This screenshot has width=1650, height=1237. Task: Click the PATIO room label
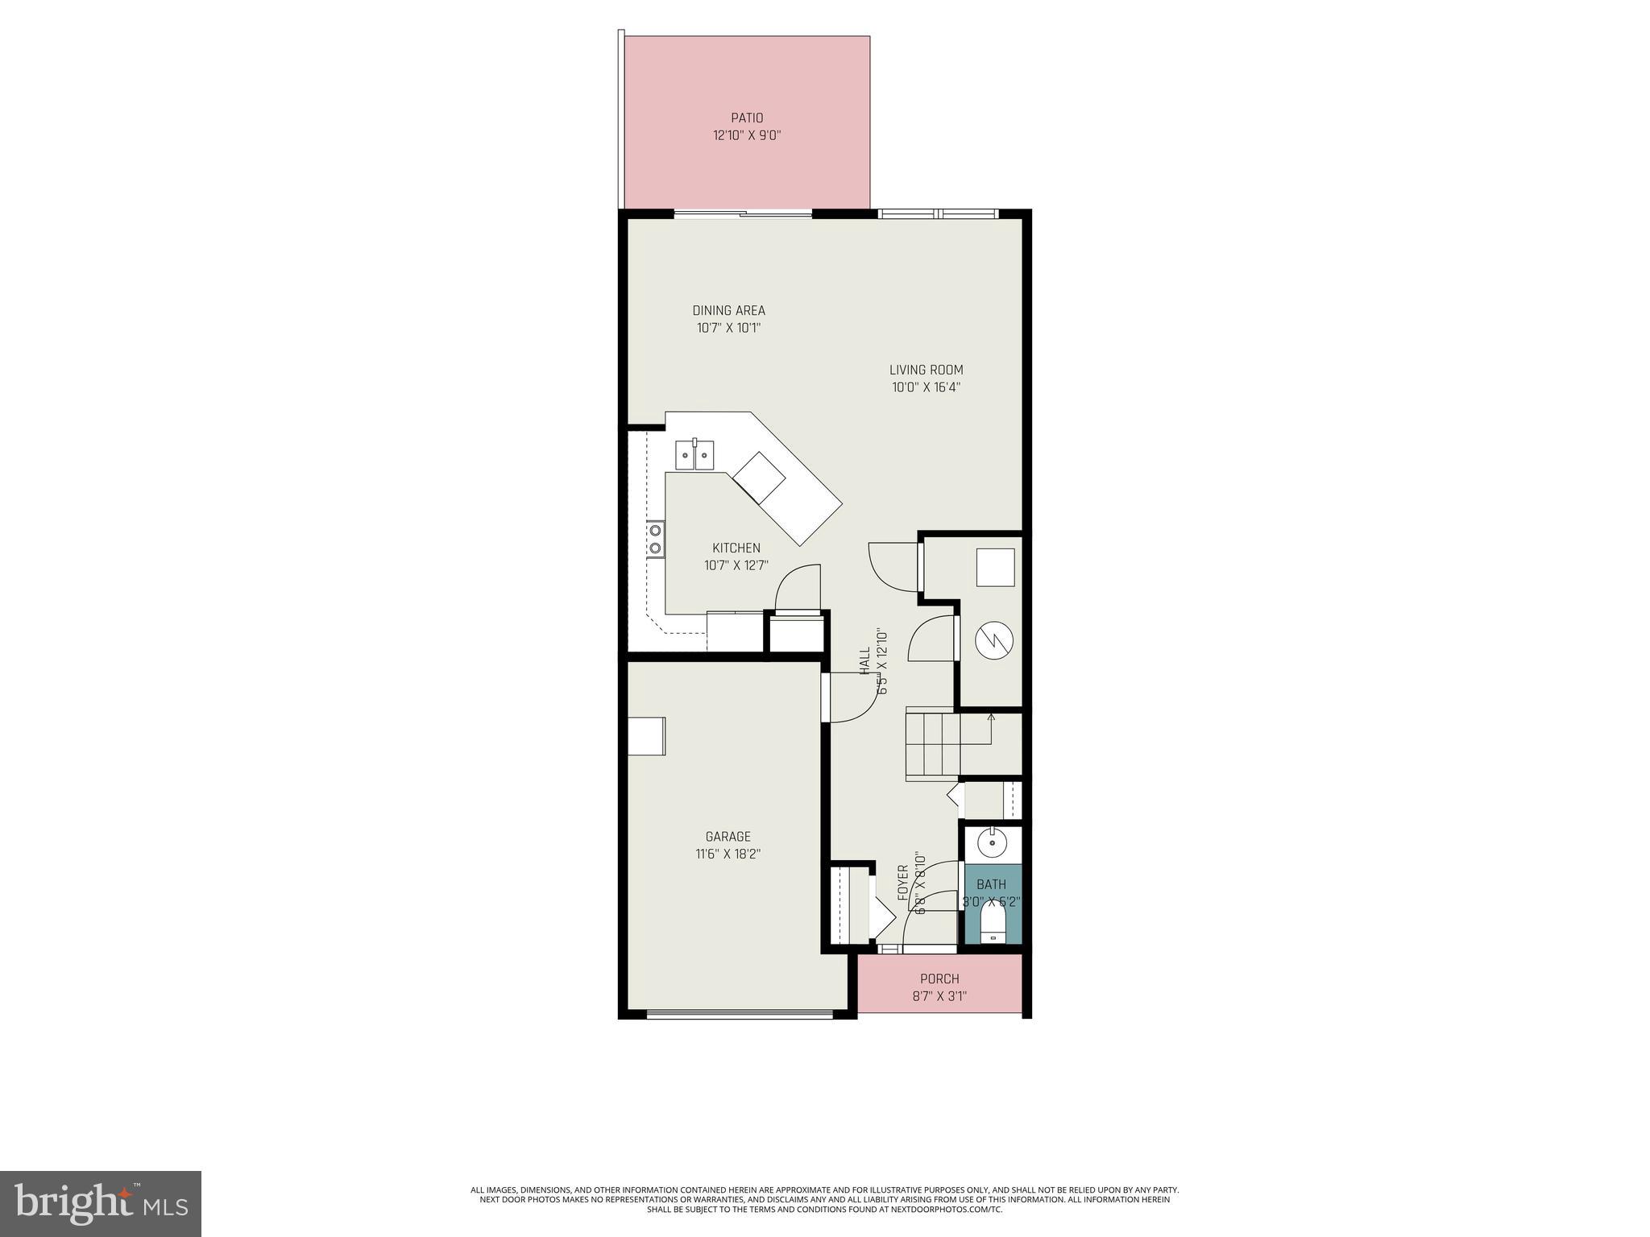pos(747,118)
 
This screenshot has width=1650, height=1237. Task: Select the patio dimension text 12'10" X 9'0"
pos(747,136)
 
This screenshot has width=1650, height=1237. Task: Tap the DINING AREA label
pos(728,311)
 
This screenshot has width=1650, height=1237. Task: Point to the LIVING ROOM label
pos(926,370)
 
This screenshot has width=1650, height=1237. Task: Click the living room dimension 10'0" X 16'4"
pos(926,387)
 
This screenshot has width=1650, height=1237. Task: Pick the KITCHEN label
pos(736,548)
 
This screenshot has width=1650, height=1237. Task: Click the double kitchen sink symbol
pos(695,455)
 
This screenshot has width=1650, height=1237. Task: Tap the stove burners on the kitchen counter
pos(655,539)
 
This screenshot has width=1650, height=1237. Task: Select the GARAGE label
pos(728,837)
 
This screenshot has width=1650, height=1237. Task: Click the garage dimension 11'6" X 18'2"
pos(728,854)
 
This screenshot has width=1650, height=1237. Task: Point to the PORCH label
pos(939,979)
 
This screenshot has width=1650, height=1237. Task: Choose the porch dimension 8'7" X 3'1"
pos(939,996)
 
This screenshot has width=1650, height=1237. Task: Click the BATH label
pos(991,884)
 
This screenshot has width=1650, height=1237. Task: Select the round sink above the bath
pos(992,844)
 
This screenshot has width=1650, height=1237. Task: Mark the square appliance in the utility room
pos(995,568)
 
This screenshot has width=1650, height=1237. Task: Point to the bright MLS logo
pos(101,1203)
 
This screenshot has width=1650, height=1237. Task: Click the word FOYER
pos(903,883)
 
